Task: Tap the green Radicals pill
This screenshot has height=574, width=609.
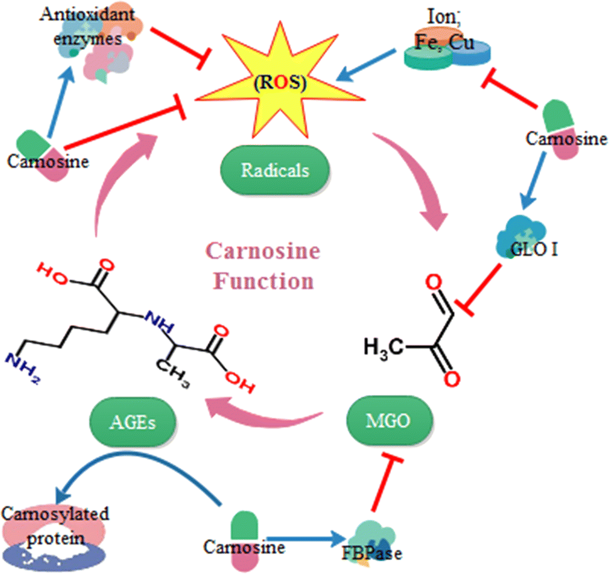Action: (275, 170)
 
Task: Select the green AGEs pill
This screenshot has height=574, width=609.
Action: (133, 421)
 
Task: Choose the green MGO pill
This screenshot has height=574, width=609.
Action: (389, 420)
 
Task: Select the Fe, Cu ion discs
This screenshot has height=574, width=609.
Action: (447, 48)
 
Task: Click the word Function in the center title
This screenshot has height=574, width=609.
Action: (264, 281)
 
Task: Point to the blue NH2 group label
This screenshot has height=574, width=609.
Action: (22, 367)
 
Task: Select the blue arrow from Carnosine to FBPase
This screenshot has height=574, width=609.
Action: (305, 538)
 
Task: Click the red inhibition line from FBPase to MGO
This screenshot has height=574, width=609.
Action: (386, 481)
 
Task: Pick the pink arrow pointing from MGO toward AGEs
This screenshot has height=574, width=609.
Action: (264, 414)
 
